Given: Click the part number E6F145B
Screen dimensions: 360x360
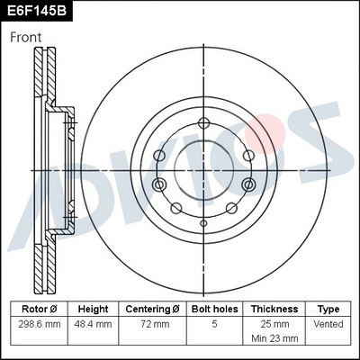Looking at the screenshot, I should (39, 11).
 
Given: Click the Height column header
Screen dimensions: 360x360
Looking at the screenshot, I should (93, 308).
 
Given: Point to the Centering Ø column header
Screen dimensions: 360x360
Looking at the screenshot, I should (153, 308).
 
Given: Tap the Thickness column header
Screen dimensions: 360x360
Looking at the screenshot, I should (274, 308).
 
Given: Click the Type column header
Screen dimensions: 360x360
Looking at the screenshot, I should (328, 308).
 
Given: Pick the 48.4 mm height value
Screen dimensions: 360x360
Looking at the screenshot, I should (93, 323).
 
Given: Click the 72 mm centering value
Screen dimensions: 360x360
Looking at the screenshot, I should (153, 323).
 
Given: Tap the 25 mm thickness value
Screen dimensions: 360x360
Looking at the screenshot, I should (274, 323).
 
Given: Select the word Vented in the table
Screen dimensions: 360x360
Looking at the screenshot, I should (328, 323).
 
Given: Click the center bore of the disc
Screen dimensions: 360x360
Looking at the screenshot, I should (204, 167).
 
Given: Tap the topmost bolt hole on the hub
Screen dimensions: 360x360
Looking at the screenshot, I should (204, 123).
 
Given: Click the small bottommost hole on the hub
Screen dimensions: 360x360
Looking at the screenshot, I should (204, 220).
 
